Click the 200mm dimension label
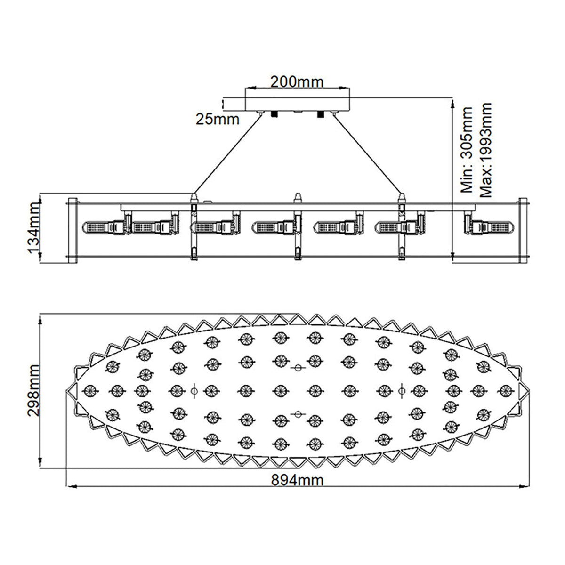[297, 81]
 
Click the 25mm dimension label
[218, 120]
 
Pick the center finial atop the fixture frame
[297, 197]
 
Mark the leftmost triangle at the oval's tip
[71, 390]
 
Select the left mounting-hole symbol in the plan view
[194, 389]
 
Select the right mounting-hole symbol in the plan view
[401, 389]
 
